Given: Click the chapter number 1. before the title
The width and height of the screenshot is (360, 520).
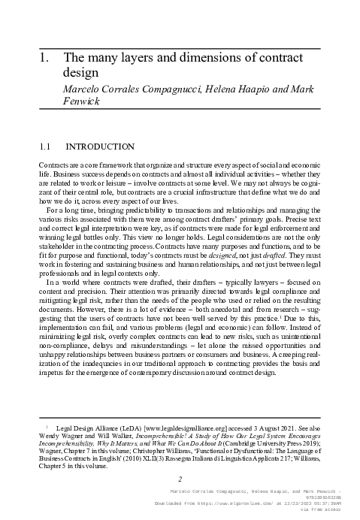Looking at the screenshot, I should pos(44,57).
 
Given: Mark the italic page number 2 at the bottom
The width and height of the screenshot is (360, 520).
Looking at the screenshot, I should pos(180,479).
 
